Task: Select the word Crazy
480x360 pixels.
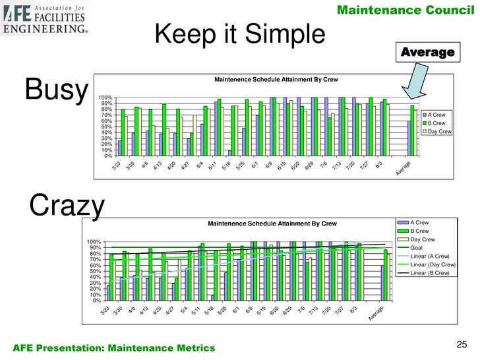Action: pyautogui.click(x=67, y=206)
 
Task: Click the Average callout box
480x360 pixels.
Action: pyautogui.click(x=428, y=52)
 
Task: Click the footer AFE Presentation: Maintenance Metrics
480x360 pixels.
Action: pyautogui.click(x=113, y=347)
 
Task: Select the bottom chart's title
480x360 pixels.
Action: pyautogui.click(x=272, y=224)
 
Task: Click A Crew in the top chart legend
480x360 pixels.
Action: pyautogui.click(x=436, y=115)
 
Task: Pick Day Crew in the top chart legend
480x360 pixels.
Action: pyautogui.click(x=438, y=132)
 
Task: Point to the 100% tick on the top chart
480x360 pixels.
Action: pyautogui.click(x=104, y=98)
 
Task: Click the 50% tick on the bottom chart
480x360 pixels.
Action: pyautogui.click(x=93, y=272)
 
